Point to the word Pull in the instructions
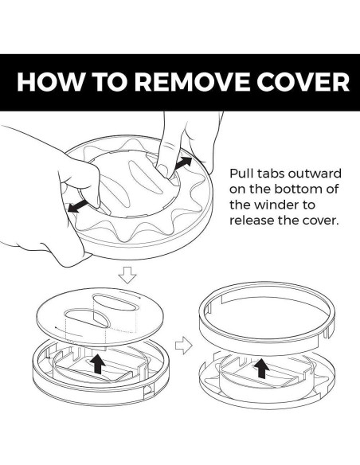[241, 174]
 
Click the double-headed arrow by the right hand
[182, 163]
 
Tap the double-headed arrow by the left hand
[78, 205]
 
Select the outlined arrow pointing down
[127, 275]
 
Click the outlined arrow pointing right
[184, 346]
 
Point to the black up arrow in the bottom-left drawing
[97, 365]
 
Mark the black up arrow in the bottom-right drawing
[261, 368]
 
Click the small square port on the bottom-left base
[148, 393]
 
